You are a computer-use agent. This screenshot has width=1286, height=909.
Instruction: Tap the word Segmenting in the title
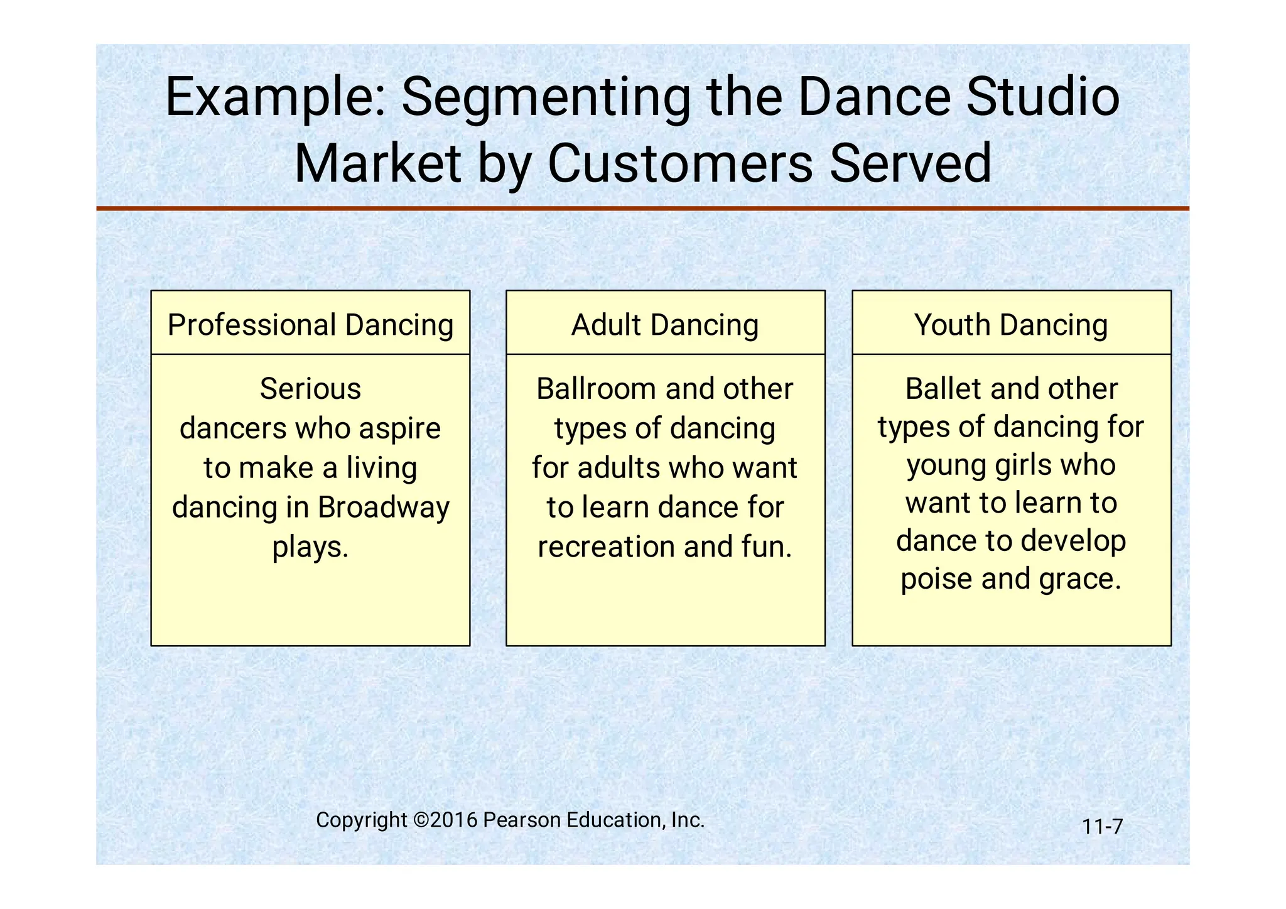tap(545, 97)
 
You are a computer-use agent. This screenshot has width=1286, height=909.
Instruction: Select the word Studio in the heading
tap(1043, 97)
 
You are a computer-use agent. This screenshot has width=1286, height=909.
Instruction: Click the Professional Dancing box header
tap(310, 325)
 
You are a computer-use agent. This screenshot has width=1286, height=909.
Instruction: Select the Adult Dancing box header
tap(665, 325)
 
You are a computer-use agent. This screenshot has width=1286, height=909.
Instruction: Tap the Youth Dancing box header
tap(1011, 325)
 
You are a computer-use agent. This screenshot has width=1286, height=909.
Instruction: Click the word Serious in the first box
tap(310, 389)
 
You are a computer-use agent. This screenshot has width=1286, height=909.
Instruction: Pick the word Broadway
tap(384, 508)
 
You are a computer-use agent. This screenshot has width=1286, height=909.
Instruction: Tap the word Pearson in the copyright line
tap(522, 820)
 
